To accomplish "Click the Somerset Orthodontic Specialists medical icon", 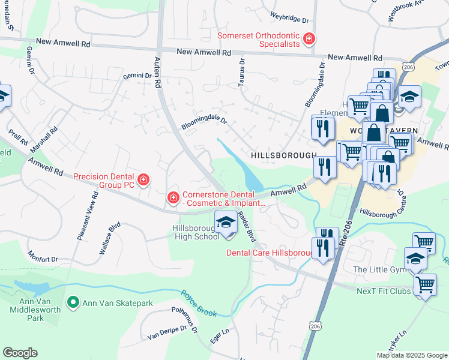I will [x=309, y=40].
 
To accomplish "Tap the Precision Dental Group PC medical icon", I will [x=143, y=179].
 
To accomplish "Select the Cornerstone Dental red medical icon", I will [x=173, y=197].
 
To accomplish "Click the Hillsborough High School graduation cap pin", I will [x=225, y=223].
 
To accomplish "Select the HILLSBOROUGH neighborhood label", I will [x=283, y=155].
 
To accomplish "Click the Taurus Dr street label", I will [x=242, y=71].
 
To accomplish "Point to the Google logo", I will [x=20, y=353].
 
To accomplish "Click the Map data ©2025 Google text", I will [x=411, y=355].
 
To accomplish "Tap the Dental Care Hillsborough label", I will [x=269, y=253].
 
